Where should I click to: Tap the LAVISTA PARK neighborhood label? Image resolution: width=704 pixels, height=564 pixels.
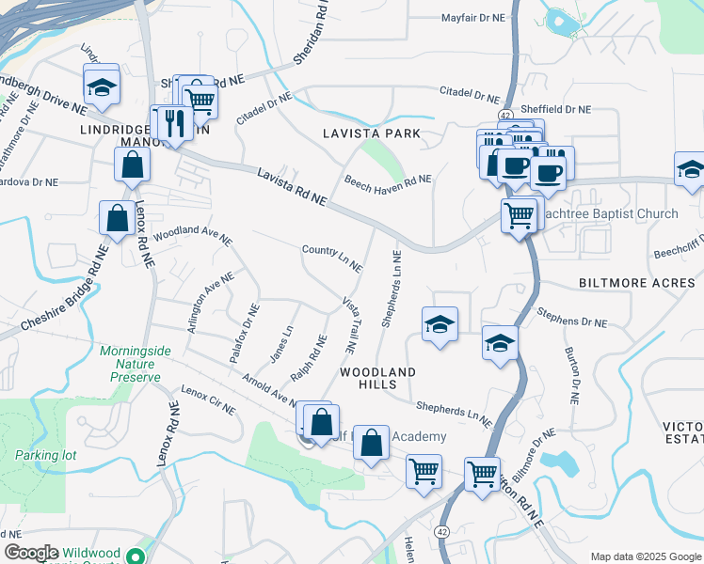coord(372,134)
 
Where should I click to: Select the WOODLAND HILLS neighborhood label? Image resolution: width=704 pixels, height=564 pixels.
coord(377,379)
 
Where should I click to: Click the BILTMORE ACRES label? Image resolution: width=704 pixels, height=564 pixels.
coord(633,282)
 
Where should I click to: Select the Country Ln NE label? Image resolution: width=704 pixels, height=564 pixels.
coord(332,258)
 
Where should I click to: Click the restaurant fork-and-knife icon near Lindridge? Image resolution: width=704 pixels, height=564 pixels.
coord(172,121)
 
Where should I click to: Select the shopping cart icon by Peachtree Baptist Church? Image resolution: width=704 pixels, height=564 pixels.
coord(519,214)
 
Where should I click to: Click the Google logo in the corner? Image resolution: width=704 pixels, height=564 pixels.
coord(31,553)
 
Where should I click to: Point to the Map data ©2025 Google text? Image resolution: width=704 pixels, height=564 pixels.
coord(646,556)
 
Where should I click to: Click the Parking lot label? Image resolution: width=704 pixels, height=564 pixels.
coord(45,455)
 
